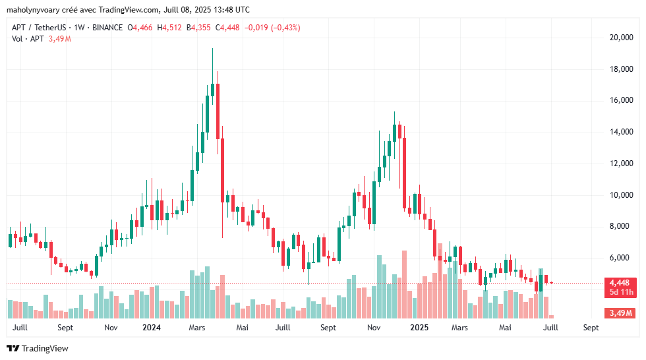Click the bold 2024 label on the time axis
152,327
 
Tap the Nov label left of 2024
111,327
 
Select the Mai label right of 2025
505,327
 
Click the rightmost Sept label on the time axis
591,327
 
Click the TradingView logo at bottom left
38,348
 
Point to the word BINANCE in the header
107,28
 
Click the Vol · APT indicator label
28,39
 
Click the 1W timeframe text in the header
80,28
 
